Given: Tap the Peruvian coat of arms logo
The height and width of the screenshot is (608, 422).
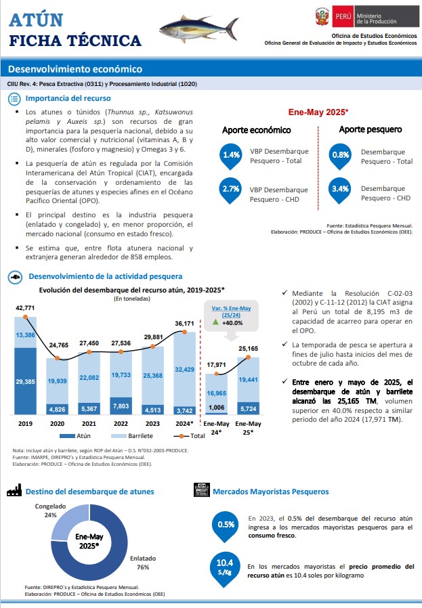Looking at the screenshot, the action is (x=322, y=17).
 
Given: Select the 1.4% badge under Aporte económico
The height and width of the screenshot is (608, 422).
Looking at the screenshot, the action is (x=231, y=156).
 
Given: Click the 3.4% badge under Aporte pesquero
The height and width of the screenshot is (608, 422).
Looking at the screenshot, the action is (x=340, y=190).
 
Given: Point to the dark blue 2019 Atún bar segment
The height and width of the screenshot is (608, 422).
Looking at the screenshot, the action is (x=25, y=381).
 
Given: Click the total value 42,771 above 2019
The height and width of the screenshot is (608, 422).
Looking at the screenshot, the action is (x=25, y=308).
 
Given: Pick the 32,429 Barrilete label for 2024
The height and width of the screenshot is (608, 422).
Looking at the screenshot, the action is (x=185, y=370).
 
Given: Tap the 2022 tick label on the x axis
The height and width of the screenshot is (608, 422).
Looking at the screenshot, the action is (x=121, y=424).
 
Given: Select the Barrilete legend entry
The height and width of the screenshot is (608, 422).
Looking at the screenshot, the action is (x=132, y=436).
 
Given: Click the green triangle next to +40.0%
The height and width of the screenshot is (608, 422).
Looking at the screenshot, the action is (x=215, y=322).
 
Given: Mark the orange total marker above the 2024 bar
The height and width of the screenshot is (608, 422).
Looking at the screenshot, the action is (x=185, y=332).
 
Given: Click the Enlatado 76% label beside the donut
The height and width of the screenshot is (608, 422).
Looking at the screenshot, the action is (x=143, y=563).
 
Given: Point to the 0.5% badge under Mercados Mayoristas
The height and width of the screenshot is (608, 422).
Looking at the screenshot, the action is (x=226, y=527).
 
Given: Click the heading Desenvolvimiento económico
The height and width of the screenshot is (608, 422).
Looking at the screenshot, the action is (x=75, y=69).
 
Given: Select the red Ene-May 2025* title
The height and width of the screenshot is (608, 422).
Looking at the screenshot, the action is (x=318, y=112).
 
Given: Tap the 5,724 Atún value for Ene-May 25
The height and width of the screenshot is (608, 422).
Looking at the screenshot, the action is (x=248, y=409).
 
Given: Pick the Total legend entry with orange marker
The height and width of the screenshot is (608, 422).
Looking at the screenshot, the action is (x=189, y=436).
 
